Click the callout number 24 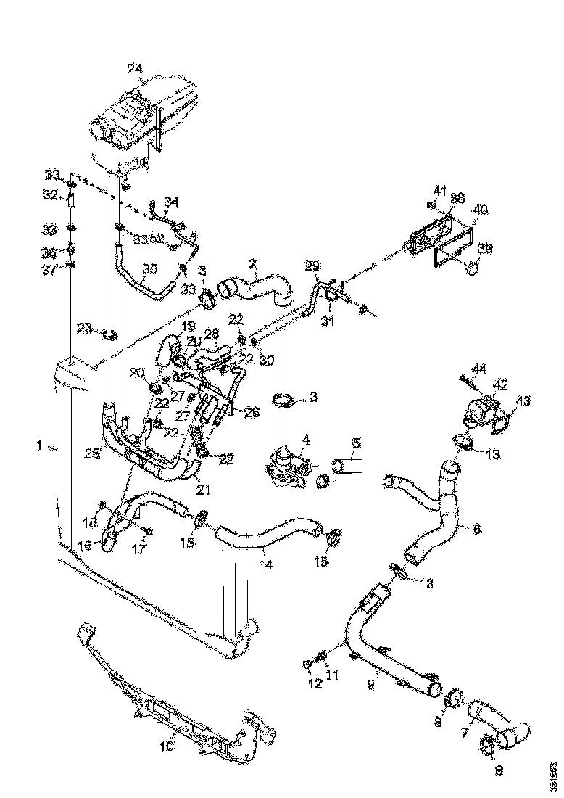[134, 69]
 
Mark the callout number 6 [476, 530]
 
